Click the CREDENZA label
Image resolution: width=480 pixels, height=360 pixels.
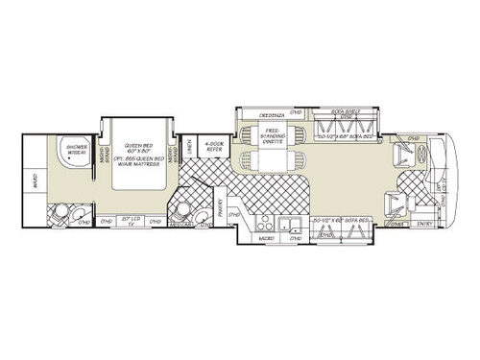coord(272,114)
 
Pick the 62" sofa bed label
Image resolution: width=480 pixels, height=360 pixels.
coord(343,222)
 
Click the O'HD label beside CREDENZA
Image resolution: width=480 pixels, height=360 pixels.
coord(297,114)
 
